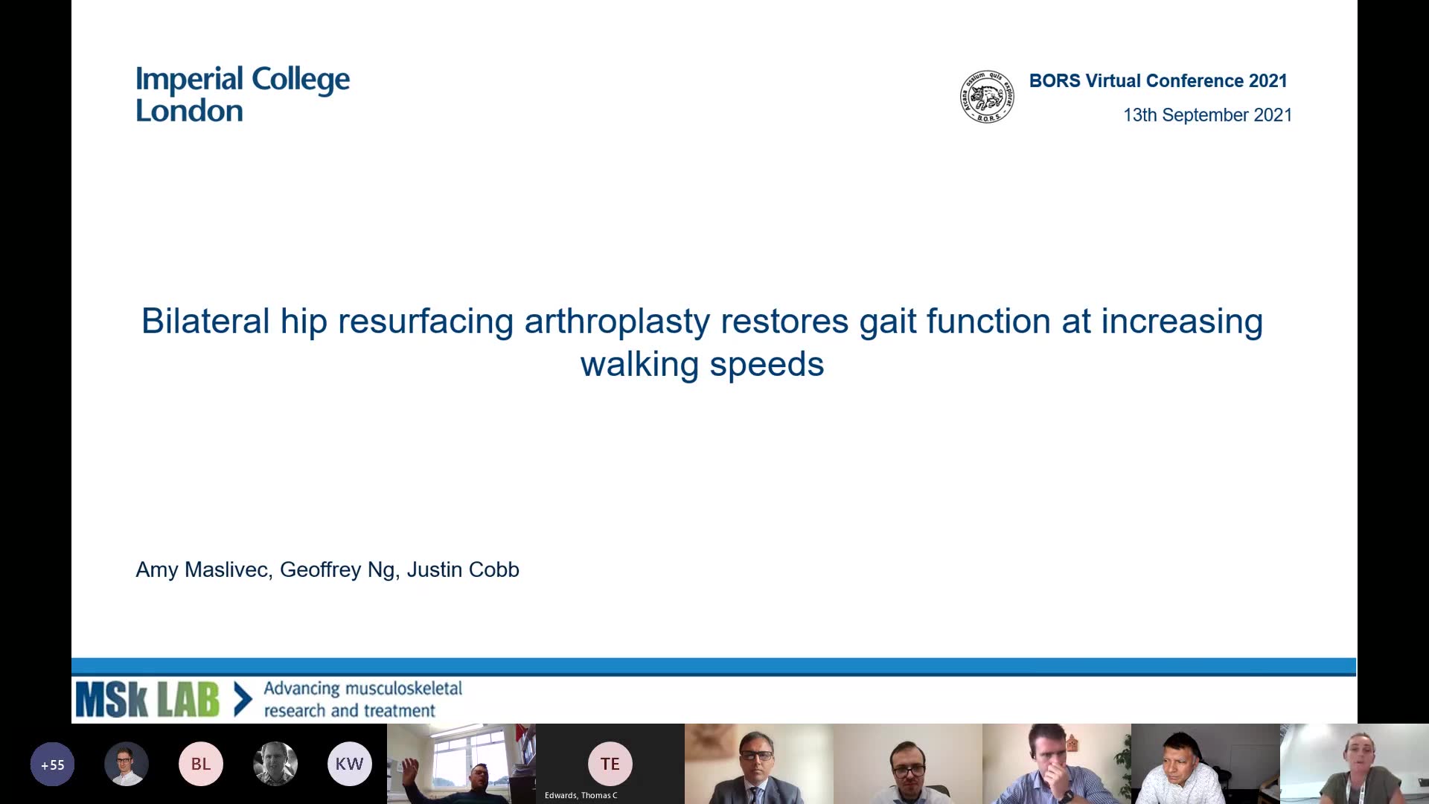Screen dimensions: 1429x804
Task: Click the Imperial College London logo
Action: coord(243,95)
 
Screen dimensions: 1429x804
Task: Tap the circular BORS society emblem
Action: coord(987,97)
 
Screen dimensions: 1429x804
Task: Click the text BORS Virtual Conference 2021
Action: coord(1158,81)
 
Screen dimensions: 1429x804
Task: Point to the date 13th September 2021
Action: coord(1207,115)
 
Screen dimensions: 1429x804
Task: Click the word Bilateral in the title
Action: coord(205,322)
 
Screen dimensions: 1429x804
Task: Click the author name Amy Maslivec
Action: coord(202,570)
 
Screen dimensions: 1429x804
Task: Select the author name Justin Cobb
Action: coord(463,569)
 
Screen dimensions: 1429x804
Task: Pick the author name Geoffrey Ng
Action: coord(337,570)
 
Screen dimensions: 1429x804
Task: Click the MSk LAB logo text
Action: coord(147,700)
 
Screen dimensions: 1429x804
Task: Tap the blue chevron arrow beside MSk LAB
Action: coord(243,700)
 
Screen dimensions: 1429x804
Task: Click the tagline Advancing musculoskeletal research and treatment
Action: coord(363,700)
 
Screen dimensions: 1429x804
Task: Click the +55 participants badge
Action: coord(52,764)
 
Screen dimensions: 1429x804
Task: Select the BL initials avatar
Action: coord(201,764)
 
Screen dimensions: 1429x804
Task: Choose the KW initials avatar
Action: coord(350,764)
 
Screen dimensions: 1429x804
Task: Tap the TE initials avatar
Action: coord(610,764)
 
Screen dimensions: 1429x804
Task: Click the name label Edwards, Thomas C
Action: coord(581,795)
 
